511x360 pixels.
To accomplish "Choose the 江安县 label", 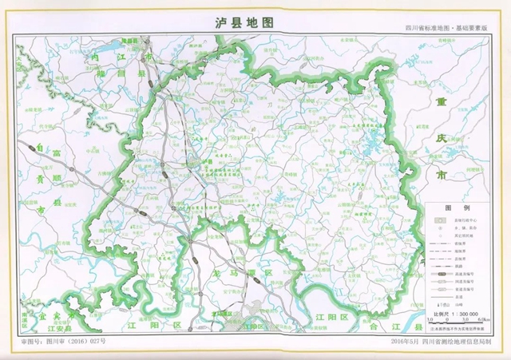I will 60,328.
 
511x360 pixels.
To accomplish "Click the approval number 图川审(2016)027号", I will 68,341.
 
